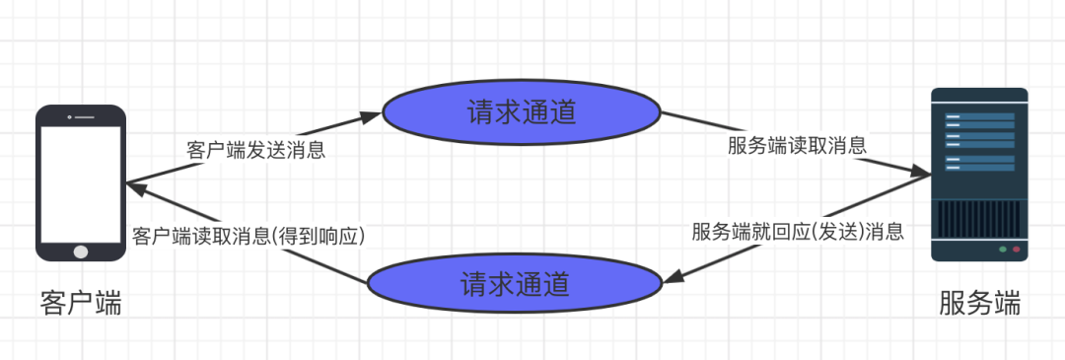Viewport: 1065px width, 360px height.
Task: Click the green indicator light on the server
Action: click(1003, 250)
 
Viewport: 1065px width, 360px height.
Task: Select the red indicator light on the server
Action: click(1016, 250)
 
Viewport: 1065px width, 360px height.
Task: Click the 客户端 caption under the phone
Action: click(81, 302)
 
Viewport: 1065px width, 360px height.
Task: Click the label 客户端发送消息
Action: click(256, 151)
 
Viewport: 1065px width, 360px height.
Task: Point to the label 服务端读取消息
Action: click(797, 146)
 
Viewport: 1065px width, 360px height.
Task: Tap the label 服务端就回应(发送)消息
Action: click(797, 232)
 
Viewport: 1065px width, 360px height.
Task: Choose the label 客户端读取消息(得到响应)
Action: click(248, 236)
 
